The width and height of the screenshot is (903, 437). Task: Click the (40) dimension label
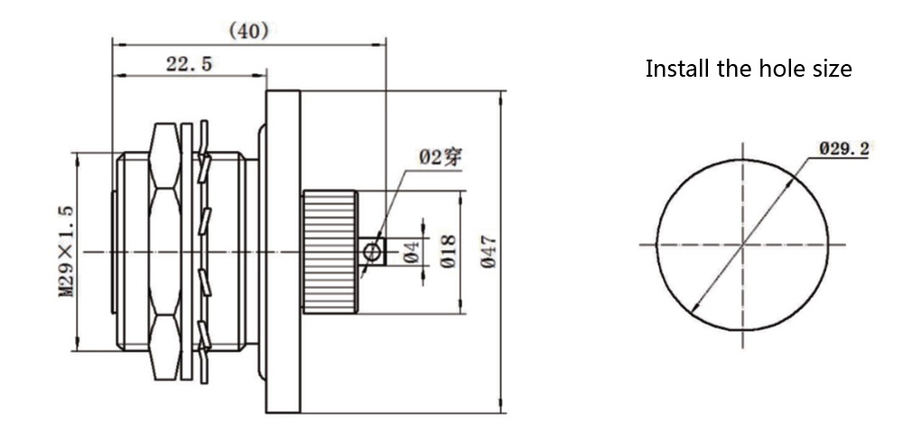247,31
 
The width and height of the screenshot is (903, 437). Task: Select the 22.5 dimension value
189,64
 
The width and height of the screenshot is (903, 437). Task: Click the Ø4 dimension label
411,252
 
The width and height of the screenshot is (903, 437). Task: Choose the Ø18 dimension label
448,252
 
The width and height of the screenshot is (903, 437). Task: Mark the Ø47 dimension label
489,251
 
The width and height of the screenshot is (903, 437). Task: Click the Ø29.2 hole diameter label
843,148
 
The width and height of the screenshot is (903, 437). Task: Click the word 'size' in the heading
831,69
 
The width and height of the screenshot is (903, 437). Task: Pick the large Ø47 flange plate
283,251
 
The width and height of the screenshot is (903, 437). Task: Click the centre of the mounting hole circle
743,244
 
